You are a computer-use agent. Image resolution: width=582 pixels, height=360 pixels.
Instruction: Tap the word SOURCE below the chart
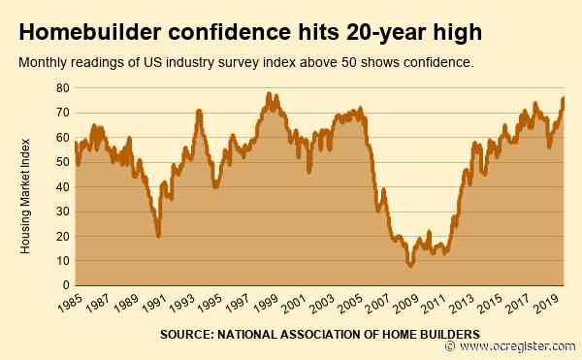[x=186, y=335]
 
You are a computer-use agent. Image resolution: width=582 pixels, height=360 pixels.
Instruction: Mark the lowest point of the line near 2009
[x=411, y=265]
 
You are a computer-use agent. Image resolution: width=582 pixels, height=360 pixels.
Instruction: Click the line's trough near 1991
[x=158, y=235]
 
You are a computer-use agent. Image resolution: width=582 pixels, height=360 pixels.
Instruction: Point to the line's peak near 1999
[x=269, y=94]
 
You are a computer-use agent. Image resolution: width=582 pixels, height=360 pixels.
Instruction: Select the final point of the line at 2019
[x=565, y=98]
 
